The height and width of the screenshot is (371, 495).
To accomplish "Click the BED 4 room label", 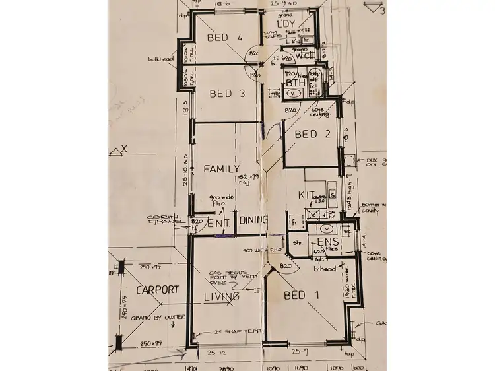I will (226, 38).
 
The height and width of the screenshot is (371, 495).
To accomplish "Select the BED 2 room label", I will (313, 135).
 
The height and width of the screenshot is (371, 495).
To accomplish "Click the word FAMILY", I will (221, 169).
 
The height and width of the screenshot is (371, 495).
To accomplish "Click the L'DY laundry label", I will (286, 24).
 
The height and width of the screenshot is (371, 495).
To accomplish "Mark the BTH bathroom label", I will (295, 84).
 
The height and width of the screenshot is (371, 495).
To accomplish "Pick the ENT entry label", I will (218, 224).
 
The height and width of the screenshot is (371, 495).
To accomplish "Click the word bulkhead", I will (161, 59).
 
